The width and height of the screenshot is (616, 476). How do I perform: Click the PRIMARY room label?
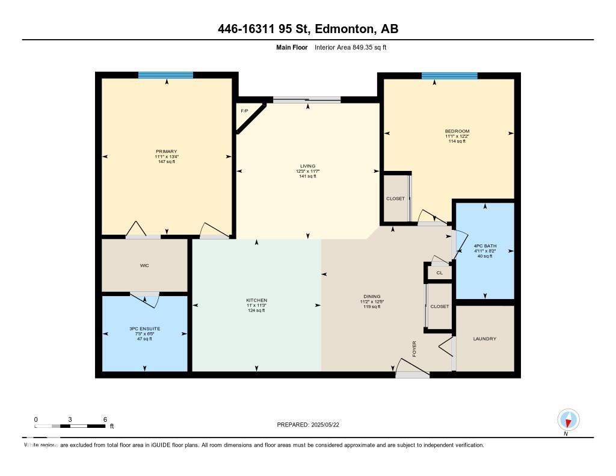166,152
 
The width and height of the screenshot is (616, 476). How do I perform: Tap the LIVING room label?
308,166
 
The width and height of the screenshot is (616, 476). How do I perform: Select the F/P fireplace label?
244,111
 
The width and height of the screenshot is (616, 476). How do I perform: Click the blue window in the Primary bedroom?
165,75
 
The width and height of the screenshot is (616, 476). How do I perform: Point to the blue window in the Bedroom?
449,76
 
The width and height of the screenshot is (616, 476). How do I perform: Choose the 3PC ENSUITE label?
144,329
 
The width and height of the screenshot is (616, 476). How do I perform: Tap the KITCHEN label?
256,300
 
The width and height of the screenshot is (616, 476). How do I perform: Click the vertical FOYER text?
414,348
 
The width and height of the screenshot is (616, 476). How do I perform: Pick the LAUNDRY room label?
485,339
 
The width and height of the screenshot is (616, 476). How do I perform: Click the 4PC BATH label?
484,246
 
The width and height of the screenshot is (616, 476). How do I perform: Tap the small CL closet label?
440,273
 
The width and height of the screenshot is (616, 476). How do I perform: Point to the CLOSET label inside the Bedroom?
396,199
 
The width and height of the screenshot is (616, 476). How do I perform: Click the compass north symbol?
568,419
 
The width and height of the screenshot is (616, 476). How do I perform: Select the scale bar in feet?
70,426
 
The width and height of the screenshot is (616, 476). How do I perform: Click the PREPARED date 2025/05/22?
312,425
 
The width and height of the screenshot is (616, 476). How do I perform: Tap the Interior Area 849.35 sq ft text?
350,47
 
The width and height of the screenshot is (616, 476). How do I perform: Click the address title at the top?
308,29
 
